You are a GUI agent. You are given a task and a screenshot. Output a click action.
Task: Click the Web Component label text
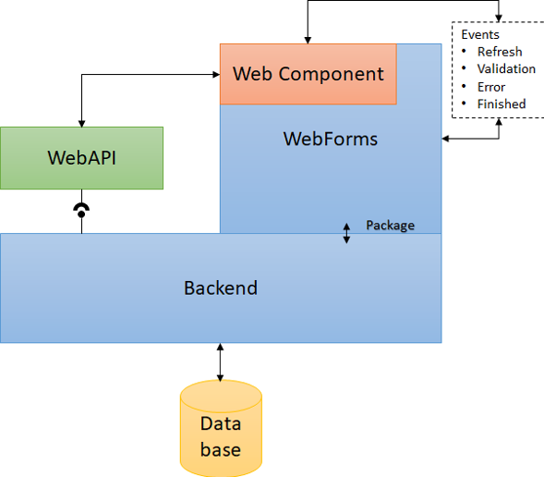coord(308,74)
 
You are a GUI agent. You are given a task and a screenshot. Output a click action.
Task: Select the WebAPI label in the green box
coord(82,158)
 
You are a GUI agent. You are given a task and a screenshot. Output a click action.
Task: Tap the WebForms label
coord(331,139)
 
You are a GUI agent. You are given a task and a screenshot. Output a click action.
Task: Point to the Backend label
coord(221,287)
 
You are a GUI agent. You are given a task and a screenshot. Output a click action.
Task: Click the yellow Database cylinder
coord(221,428)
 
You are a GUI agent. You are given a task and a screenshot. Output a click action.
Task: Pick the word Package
coord(391,226)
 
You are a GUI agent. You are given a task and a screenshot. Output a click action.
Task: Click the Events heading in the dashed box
coord(480,34)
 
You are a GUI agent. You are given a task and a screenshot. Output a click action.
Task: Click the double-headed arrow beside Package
coord(346,233)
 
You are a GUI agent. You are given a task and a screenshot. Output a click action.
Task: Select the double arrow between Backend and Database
coord(221,362)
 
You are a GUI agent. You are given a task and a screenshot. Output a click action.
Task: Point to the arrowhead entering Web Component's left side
coord(216,74)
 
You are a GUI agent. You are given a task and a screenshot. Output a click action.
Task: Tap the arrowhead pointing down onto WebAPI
coord(82,124)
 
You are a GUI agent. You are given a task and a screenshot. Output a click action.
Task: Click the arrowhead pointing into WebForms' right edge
coord(445,139)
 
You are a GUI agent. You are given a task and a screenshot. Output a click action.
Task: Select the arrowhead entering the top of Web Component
coord(308,41)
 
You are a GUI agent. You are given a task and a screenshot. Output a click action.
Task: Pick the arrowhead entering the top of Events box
coord(499,18)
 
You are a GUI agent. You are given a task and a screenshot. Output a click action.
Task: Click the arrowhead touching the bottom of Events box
coord(499,122)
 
